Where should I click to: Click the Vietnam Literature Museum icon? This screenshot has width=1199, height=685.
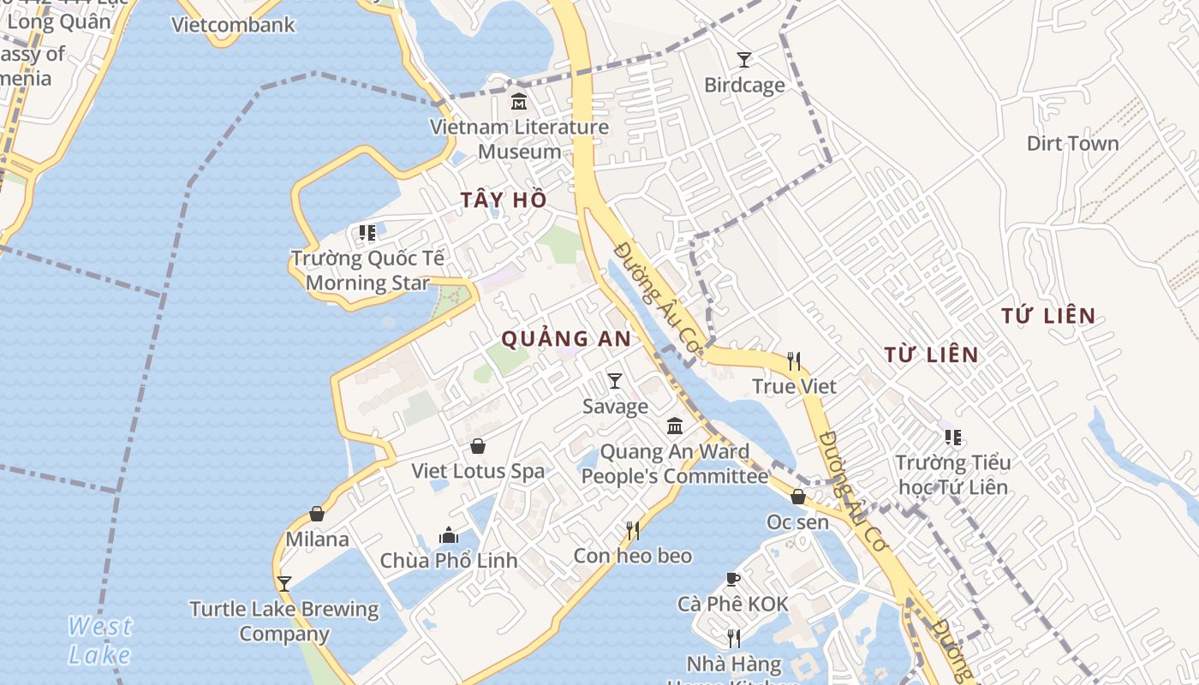(518, 102)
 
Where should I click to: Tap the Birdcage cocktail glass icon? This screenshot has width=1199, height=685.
(744, 60)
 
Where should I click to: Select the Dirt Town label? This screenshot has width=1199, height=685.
(1072, 143)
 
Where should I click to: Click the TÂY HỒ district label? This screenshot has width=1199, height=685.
(503, 200)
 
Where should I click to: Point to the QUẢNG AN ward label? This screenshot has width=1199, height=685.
(565, 339)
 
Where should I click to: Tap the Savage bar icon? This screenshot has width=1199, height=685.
(614, 381)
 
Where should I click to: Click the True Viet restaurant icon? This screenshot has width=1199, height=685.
(794, 360)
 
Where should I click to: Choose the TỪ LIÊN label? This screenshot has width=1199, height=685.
(930, 354)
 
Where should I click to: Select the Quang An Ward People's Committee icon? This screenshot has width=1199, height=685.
(675, 426)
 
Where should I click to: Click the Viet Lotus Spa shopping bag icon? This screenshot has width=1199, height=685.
(478, 446)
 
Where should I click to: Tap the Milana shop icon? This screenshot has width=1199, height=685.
(317, 514)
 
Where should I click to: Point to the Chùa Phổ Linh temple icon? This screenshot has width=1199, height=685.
(449, 535)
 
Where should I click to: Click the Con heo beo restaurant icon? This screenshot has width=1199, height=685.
(633, 531)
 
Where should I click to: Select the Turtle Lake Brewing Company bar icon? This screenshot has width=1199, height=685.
(284, 584)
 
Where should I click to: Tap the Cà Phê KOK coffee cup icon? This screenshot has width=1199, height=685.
(733, 579)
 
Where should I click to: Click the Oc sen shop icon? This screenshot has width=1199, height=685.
(798, 497)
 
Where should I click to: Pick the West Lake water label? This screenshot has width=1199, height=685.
(100, 640)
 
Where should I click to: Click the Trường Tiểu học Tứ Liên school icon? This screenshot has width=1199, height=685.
(952, 438)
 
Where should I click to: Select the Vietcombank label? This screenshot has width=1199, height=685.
(233, 25)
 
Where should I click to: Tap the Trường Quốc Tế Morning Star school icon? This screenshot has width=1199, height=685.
(367, 233)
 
